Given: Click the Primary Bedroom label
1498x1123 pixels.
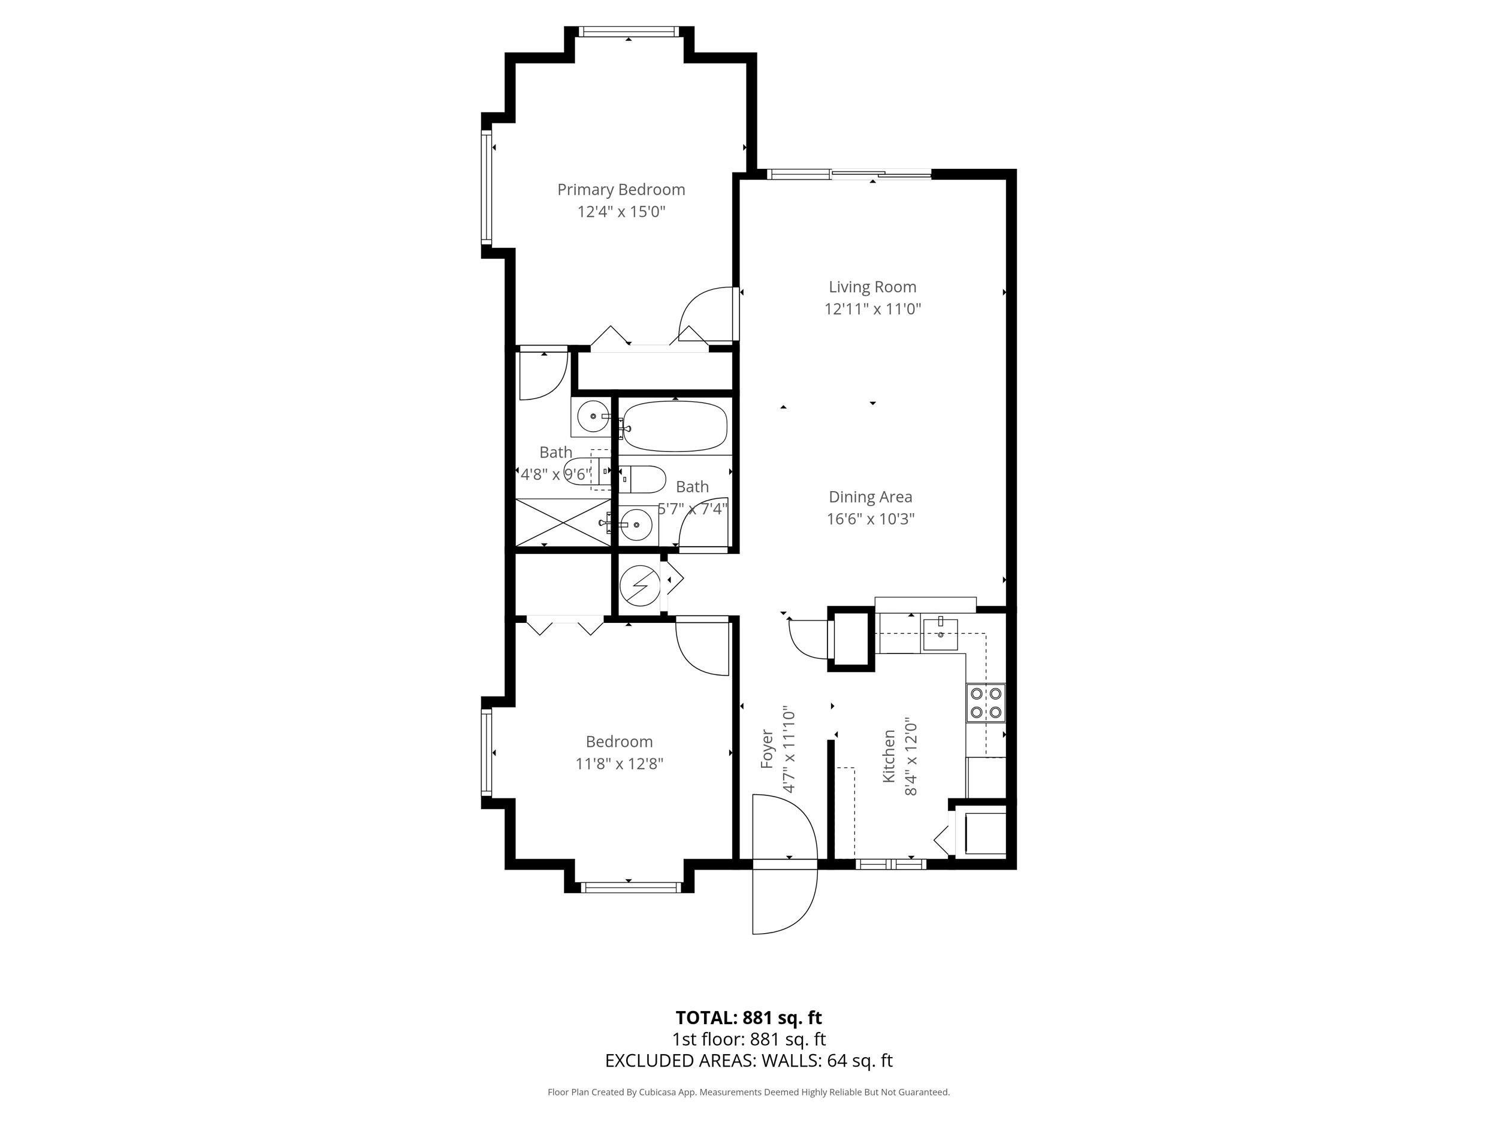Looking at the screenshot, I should [621, 189].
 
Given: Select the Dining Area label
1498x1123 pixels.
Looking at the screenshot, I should [870, 497].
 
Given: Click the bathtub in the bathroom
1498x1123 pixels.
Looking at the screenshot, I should [675, 426].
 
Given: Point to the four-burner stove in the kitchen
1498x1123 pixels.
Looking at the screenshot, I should [986, 703].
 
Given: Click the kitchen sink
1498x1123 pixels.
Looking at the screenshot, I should [941, 634].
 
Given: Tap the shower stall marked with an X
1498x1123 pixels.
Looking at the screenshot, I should [563, 522].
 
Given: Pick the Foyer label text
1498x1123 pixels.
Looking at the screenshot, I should [766, 749].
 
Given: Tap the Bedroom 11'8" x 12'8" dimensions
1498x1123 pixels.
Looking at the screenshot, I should [619, 764].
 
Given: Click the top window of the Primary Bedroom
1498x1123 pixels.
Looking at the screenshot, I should [629, 31].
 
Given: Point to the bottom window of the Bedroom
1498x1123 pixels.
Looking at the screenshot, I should [630, 888].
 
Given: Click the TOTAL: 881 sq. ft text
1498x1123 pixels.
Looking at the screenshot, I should [748, 1018].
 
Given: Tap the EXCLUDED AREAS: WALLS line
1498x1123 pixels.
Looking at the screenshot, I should [748, 1061].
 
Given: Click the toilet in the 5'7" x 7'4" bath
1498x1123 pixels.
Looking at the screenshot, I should [642, 479].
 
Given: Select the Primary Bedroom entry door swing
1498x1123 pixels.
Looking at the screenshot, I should [709, 313].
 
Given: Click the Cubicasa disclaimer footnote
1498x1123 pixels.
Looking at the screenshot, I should [748, 1092].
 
